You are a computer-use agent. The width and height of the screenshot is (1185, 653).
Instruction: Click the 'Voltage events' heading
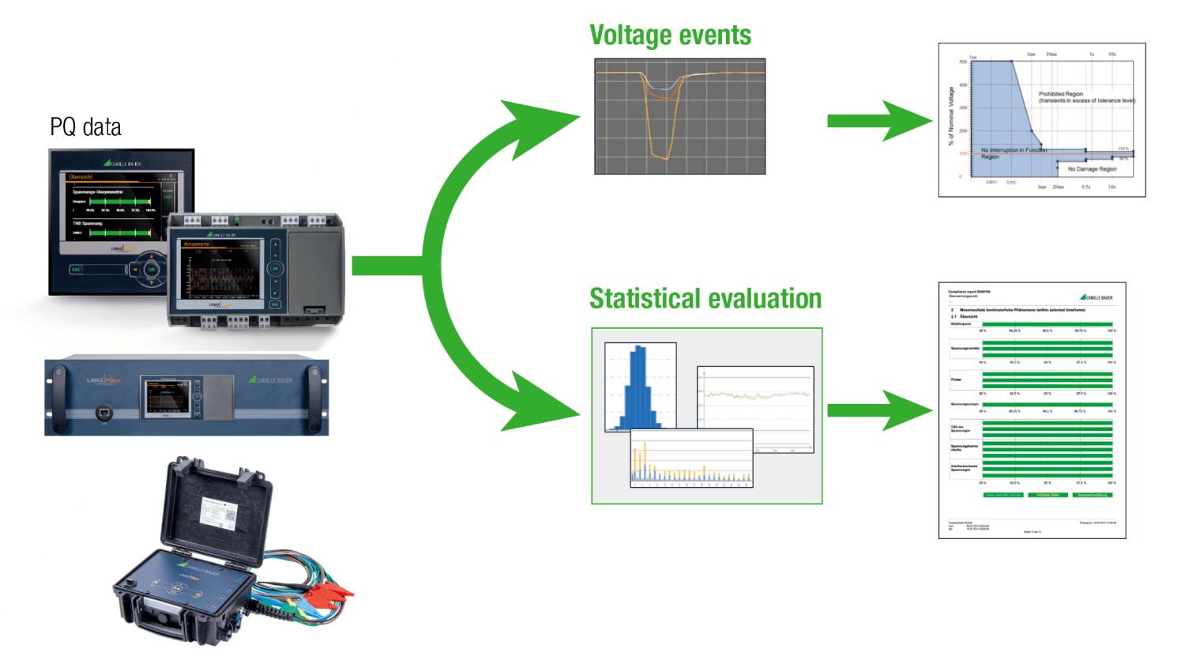tap(670, 36)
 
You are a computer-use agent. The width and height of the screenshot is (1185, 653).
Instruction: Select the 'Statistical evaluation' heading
tap(705, 299)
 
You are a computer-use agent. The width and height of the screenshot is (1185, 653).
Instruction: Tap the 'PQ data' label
tap(85, 127)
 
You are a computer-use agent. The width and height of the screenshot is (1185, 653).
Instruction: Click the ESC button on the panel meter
tap(77, 270)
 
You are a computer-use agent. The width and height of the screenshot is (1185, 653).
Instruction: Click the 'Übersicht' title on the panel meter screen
tap(81, 177)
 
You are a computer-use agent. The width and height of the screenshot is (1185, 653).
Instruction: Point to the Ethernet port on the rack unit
tap(102, 412)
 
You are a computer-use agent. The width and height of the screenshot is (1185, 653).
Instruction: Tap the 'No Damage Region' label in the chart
tap(1092, 169)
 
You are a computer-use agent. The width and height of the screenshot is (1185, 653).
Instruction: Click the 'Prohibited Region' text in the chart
tap(1060, 94)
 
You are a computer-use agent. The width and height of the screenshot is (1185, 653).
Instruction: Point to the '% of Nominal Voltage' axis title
tap(951, 116)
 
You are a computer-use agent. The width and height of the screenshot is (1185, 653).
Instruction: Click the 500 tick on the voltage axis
tap(963, 62)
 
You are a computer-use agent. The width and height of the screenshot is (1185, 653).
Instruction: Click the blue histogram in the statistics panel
tap(638, 391)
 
